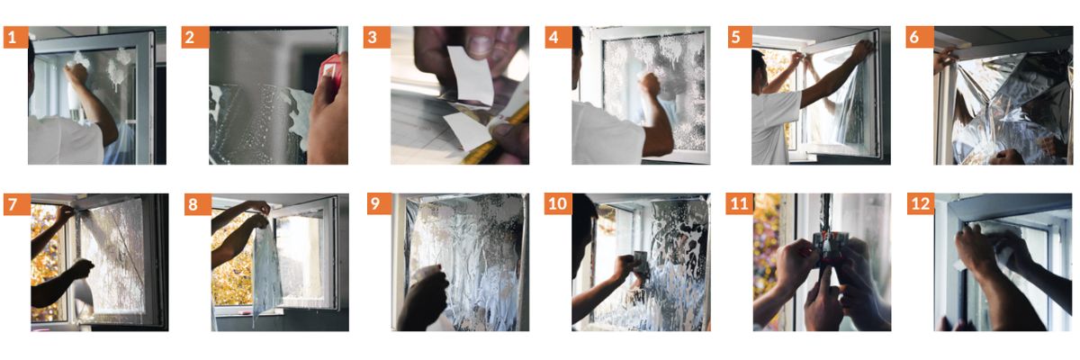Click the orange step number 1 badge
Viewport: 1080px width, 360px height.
point(15,37)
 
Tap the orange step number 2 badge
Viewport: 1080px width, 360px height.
point(194,37)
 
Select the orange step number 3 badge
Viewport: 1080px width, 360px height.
point(376,37)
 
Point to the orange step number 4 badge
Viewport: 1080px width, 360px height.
point(558,37)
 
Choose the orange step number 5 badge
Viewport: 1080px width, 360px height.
point(740,37)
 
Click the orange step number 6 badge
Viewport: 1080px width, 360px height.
point(920,37)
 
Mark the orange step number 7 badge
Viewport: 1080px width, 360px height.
point(17,204)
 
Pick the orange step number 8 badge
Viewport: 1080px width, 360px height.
point(198,204)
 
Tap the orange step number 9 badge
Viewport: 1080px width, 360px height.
point(380,204)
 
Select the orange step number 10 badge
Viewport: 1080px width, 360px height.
point(558,204)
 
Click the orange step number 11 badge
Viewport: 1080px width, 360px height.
point(740,204)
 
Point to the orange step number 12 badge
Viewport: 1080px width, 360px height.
point(921,204)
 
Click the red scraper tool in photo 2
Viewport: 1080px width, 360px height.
point(331,70)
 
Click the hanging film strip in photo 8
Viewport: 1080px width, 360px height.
point(265,270)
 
